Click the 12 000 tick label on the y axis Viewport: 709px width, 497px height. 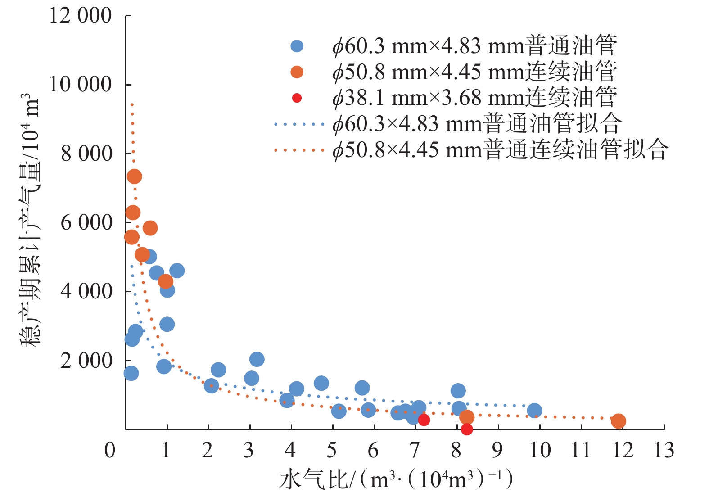[x=81, y=16]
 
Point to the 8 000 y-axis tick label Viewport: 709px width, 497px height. [x=86, y=154]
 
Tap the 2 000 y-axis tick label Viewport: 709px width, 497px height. [x=86, y=361]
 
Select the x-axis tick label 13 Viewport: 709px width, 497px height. [x=664, y=450]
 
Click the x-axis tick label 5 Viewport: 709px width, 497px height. [x=332, y=450]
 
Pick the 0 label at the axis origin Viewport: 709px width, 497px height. [x=110, y=450]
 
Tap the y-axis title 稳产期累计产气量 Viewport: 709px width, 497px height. [x=30, y=221]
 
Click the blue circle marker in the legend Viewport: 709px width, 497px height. [x=297, y=46]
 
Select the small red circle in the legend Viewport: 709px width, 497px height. [x=297, y=98]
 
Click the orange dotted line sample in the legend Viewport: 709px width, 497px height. [x=299, y=150]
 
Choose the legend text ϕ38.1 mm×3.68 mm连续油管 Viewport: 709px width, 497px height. [x=474, y=98]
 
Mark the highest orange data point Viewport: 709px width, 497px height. [x=134, y=176]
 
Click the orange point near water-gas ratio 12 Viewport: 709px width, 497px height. [x=619, y=421]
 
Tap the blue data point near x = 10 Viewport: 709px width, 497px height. [x=534, y=411]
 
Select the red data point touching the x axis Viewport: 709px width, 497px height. [x=467, y=429]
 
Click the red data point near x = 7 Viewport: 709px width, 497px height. [x=424, y=420]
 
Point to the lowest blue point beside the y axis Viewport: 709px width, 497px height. [x=131, y=373]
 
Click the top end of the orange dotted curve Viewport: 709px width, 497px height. [x=132, y=104]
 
